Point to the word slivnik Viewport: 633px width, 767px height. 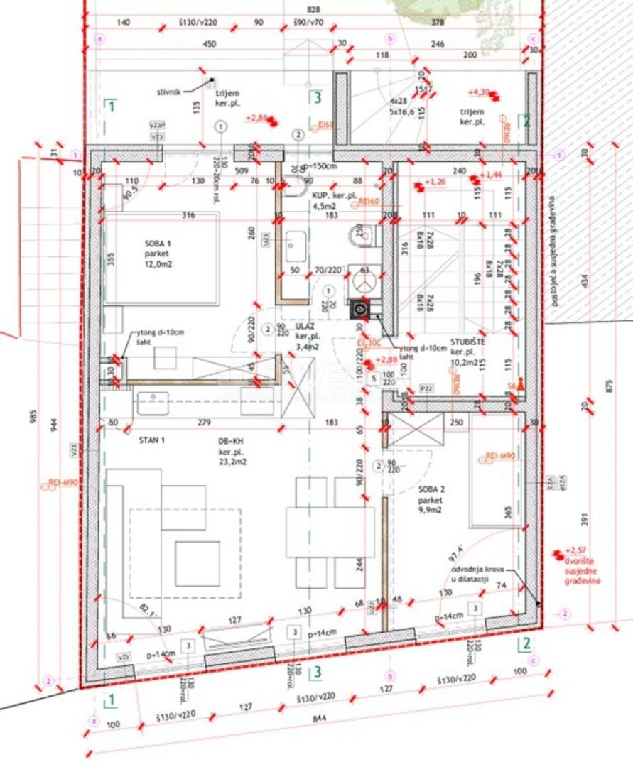(171, 92)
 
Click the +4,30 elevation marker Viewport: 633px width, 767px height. (480, 92)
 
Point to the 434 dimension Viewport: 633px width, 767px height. (584, 281)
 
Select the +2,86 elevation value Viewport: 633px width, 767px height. (256, 118)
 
